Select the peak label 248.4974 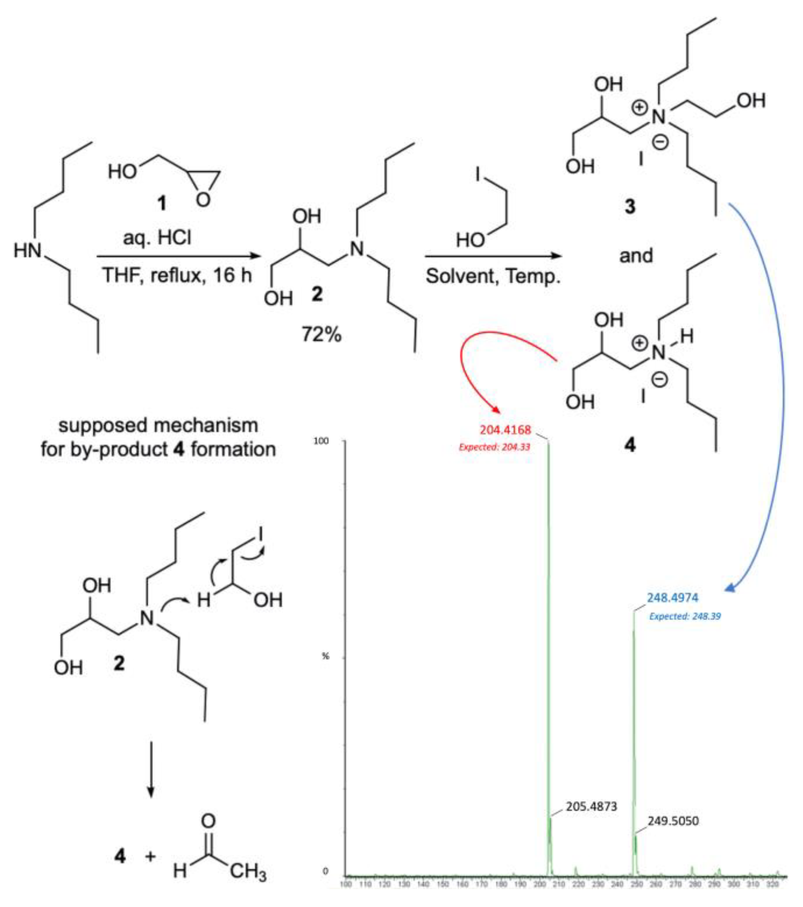click(x=672, y=598)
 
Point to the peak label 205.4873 click(x=591, y=806)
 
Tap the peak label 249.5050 click(x=673, y=821)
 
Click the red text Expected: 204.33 click(x=494, y=447)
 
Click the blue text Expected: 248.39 click(x=685, y=616)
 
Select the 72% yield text click(x=322, y=334)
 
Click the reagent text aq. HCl click(x=157, y=238)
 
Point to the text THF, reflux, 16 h click(x=177, y=275)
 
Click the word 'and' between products click(x=636, y=256)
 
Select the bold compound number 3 click(x=630, y=206)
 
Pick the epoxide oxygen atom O click(x=203, y=200)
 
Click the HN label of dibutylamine click(x=28, y=251)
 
